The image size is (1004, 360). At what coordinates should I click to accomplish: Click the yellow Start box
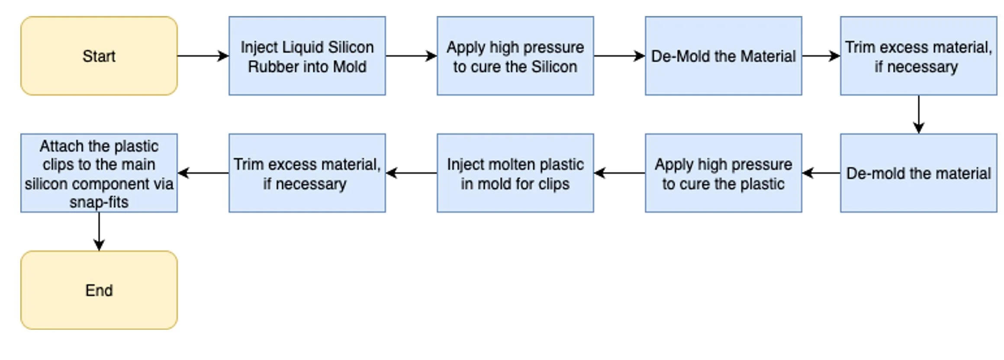click(x=99, y=56)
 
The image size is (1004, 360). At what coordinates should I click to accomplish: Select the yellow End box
click(x=99, y=290)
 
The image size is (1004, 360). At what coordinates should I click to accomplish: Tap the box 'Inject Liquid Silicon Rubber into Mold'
click(x=307, y=56)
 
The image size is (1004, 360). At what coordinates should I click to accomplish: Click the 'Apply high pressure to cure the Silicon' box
click(x=515, y=56)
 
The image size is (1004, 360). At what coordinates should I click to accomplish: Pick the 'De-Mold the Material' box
click(x=723, y=56)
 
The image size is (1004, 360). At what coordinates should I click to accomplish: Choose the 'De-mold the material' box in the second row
click(x=918, y=173)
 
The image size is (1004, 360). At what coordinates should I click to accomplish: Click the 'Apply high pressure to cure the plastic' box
click(x=723, y=173)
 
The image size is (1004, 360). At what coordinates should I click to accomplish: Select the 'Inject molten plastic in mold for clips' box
click(x=515, y=173)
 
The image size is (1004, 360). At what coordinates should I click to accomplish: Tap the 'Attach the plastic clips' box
click(x=99, y=173)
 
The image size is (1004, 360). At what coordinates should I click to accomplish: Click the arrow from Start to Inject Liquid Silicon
click(x=203, y=56)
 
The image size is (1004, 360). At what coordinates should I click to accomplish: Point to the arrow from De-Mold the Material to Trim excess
click(x=821, y=56)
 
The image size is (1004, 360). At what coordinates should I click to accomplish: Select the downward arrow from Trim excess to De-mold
click(x=918, y=114)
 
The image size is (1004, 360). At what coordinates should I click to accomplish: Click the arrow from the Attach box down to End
click(x=99, y=231)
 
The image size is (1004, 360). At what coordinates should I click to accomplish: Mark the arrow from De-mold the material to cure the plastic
click(x=821, y=173)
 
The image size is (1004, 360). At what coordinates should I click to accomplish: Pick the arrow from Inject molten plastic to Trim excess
click(x=411, y=173)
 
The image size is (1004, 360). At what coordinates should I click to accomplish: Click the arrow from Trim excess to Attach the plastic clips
click(x=203, y=173)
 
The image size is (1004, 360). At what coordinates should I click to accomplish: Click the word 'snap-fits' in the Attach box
click(x=99, y=202)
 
